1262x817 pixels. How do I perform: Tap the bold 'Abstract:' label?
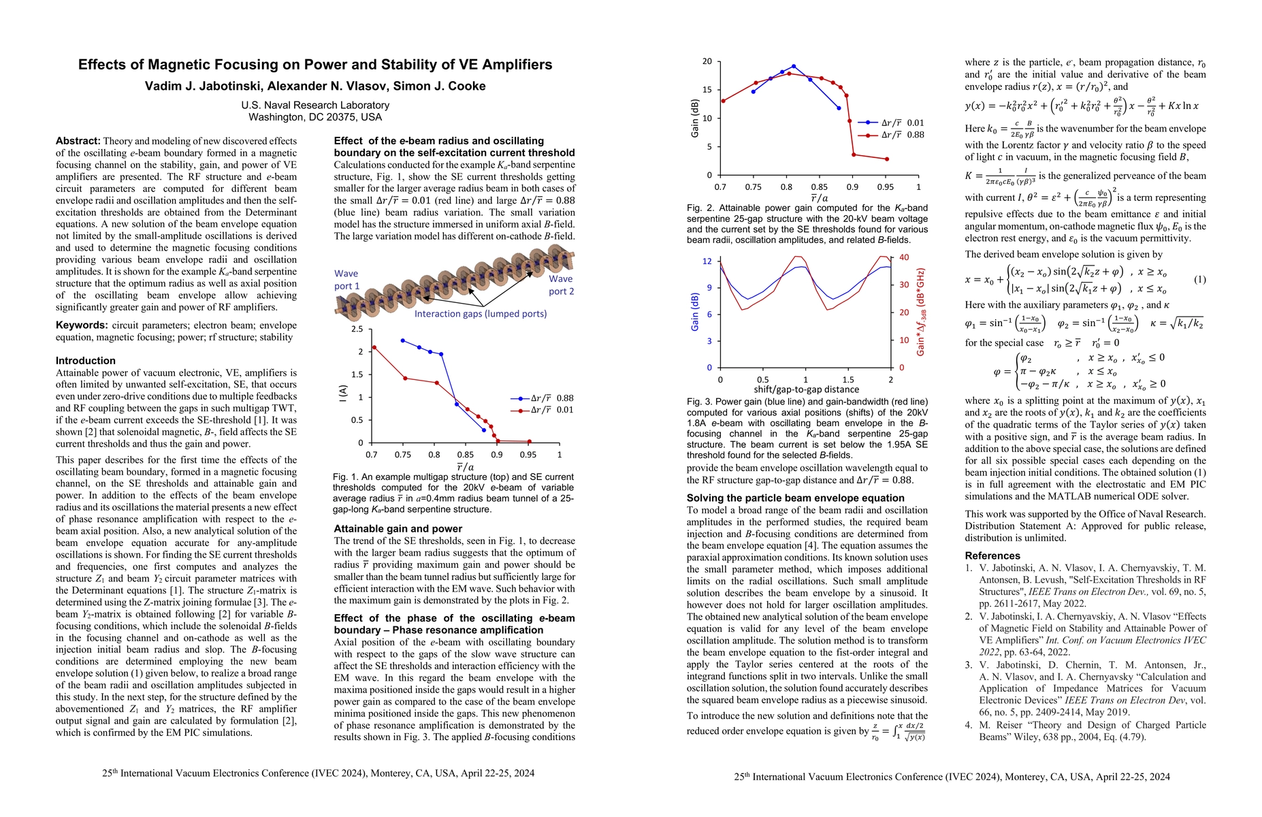click(x=78, y=141)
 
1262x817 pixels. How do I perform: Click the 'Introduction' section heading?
click(x=86, y=361)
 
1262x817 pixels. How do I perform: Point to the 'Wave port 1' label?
click(x=346, y=280)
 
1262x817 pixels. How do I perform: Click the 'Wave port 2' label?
click(x=561, y=285)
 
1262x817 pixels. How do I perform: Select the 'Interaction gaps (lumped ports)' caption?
click(x=481, y=314)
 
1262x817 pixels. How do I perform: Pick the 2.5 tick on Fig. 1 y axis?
click(x=357, y=330)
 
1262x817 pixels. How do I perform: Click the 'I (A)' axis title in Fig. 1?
click(x=343, y=393)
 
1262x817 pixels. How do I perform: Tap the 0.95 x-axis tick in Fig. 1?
click(x=528, y=455)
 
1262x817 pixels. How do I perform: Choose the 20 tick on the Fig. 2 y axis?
click(x=707, y=62)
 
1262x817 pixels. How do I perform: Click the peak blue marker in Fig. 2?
click(x=794, y=67)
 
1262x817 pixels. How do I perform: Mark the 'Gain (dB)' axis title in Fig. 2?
click(x=695, y=119)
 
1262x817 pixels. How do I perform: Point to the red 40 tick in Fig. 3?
click(x=904, y=257)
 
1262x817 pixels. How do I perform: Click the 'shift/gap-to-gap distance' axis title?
click(x=806, y=390)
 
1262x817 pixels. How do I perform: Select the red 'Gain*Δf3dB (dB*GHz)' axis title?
click(x=920, y=313)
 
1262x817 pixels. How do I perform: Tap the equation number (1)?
click(x=1200, y=280)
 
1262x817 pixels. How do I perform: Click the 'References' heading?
click(x=992, y=556)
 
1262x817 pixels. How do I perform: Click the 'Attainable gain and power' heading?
click(x=398, y=529)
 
